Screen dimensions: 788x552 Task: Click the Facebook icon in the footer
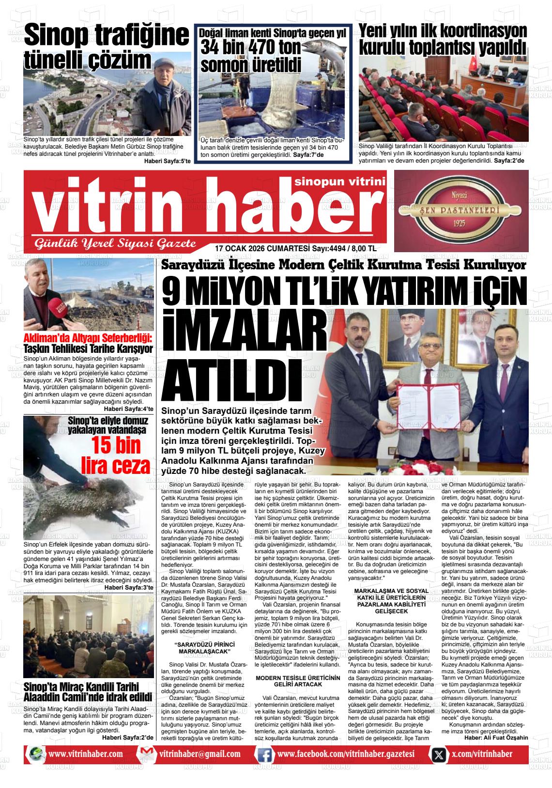(264, 754)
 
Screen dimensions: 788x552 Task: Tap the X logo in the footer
(439, 754)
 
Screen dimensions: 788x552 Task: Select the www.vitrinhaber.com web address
(85, 754)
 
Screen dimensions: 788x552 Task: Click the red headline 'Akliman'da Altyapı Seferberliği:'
(88, 338)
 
